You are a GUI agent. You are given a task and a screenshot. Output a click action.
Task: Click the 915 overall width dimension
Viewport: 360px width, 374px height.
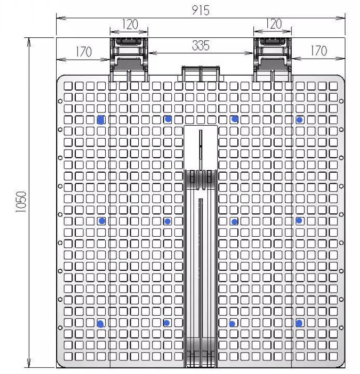point(201,11)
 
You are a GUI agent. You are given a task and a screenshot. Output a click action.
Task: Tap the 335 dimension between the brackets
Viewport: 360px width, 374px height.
point(200,46)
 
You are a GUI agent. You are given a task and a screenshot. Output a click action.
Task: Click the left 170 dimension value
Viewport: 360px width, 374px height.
point(83,51)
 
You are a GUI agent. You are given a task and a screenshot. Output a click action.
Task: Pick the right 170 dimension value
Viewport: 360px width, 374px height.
point(318,50)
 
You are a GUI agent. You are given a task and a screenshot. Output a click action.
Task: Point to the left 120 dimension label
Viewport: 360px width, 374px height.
point(129,24)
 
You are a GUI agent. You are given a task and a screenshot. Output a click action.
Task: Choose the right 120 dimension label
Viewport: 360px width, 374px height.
point(273,24)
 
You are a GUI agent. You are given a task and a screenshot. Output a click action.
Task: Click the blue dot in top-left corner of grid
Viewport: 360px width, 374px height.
point(101,119)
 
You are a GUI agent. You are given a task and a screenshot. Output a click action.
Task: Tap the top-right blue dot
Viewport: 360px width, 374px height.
point(299,119)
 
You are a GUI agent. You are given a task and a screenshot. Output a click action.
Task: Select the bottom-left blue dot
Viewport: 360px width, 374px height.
point(100,324)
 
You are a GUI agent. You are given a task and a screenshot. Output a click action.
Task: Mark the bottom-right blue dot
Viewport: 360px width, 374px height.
point(299,323)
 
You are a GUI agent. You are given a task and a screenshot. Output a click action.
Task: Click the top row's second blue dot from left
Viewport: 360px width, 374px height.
point(168,119)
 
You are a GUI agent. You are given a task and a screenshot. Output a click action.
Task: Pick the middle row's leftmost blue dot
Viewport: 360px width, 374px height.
point(102,220)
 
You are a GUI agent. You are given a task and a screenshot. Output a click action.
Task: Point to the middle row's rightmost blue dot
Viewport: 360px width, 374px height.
point(299,220)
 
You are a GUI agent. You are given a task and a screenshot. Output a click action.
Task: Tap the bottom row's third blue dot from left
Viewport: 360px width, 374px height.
point(232,324)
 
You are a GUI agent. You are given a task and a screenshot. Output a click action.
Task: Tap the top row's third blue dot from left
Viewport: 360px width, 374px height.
point(235,119)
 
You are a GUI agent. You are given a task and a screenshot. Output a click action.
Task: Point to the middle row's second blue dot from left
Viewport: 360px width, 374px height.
point(167,221)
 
